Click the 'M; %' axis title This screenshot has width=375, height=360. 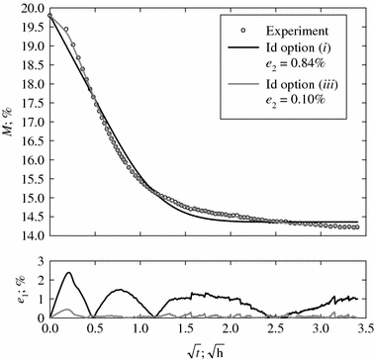[9, 121]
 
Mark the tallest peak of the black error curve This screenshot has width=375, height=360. [68, 273]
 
